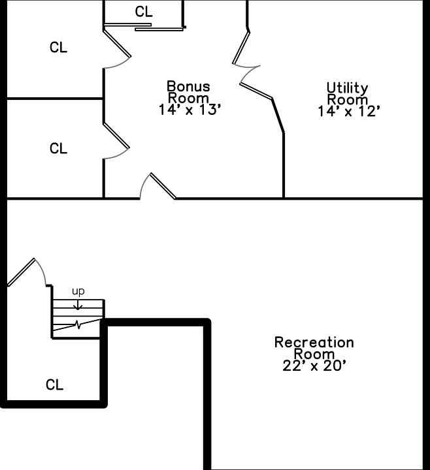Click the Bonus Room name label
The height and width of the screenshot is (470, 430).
(188, 92)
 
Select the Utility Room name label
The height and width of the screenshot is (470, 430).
(348, 93)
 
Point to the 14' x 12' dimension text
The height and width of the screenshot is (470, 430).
(349, 112)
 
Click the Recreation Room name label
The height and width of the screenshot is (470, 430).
(314, 348)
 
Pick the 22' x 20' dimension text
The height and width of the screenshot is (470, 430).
(314, 366)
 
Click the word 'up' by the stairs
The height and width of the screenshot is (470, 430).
(78, 291)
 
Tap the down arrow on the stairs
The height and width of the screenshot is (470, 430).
(78, 304)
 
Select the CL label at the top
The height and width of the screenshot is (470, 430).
(143, 12)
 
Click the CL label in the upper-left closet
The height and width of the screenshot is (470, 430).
(58, 48)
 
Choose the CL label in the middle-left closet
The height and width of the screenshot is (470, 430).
(58, 149)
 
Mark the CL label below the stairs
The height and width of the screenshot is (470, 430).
(54, 385)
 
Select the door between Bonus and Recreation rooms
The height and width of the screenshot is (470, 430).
(162, 185)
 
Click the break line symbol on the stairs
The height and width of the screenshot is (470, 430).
(78, 324)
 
